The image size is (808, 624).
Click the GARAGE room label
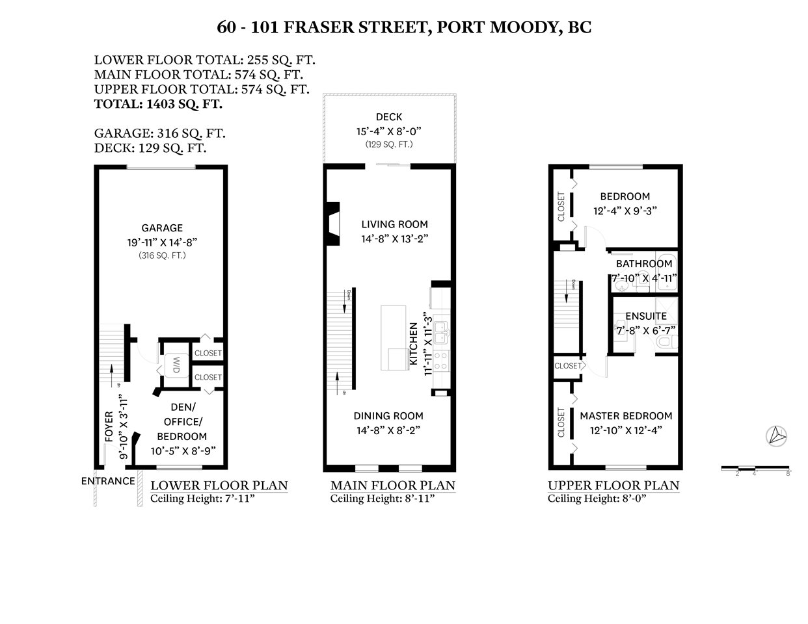162,228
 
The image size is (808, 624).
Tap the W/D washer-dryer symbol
176,365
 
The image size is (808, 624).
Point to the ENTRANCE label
108,481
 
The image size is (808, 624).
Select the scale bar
755,468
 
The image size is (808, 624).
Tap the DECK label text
388,117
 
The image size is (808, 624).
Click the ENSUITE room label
646,317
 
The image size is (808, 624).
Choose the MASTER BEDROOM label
626,416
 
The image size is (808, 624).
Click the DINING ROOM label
388,416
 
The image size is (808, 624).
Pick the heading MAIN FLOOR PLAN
392,486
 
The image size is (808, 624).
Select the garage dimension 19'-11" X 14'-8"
162,242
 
